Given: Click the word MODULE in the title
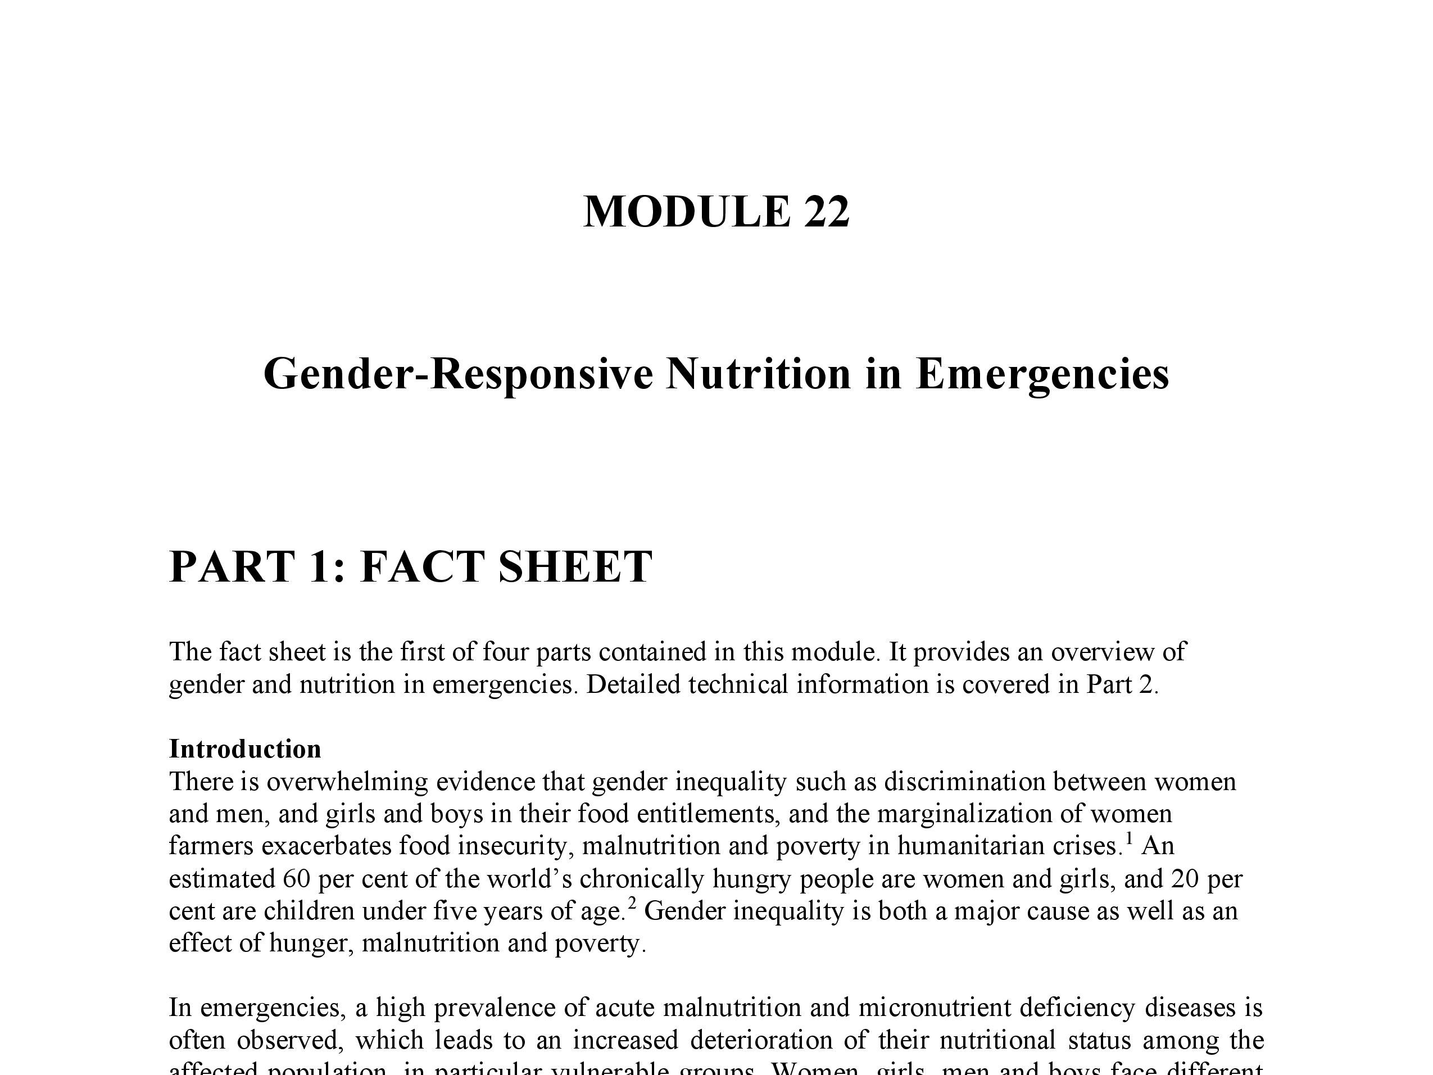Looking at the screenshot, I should tap(687, 212).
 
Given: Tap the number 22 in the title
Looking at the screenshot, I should tap(826, 212).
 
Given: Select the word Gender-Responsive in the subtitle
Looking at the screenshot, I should tap(458, 374).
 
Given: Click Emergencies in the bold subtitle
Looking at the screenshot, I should tap(1042, 374).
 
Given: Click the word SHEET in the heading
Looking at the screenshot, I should tap(575, 566).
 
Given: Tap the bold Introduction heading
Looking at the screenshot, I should tap(245, 749).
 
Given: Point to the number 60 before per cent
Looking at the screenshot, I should tap(296, 879).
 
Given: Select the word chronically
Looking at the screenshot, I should tap(641, 879).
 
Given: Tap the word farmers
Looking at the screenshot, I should tap(211, 846).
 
